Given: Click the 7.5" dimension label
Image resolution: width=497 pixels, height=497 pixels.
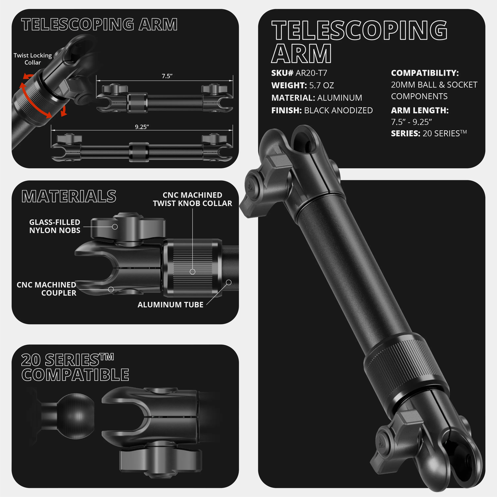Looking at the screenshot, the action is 167,76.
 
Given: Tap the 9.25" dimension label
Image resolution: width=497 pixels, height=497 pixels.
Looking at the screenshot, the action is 142,127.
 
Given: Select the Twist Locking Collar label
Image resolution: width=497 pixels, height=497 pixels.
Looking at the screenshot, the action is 33,59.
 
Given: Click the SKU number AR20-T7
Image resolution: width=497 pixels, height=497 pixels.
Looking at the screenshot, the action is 311,73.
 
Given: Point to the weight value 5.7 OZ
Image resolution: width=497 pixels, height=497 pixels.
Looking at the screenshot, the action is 322,85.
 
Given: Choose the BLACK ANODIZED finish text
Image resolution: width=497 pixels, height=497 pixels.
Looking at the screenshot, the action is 338,110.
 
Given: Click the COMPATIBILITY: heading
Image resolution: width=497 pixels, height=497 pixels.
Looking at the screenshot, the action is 425,73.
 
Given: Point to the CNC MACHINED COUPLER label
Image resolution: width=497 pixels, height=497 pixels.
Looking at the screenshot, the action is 47,289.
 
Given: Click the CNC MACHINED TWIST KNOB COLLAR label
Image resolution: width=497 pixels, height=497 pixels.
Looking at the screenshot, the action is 192,199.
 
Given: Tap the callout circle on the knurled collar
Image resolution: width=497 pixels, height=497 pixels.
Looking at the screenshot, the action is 192,272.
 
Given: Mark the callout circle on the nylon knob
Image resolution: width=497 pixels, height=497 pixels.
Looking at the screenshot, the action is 115,227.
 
